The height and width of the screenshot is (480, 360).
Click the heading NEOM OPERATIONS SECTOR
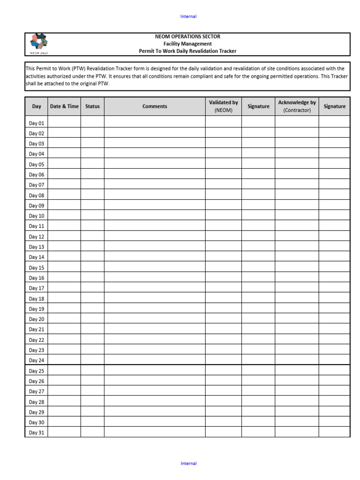click(187, 37)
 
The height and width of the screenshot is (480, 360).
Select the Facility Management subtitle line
click(187, 44)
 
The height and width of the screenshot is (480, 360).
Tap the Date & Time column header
click(64, 106)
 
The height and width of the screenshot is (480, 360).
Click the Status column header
click(92, 106)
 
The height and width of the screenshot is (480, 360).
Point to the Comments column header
click(155, 106)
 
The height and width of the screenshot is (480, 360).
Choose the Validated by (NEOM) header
click(224, 106)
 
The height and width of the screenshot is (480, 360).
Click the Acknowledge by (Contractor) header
click(297, 106)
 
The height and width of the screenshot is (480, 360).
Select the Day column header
click(37, 106)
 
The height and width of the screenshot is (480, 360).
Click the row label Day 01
click(37, 123)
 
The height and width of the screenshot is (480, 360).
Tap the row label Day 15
click(37, 268)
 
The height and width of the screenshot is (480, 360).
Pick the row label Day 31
click(37, 433)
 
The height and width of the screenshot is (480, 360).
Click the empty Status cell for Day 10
click(92, 216)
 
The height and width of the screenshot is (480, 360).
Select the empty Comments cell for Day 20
click(155, 319)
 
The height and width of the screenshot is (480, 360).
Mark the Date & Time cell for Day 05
click(64, 165)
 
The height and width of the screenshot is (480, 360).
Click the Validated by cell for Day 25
click(224, 371)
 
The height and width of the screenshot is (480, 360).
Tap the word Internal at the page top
click(188, 16)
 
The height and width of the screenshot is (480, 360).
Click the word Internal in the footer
click(188, 464)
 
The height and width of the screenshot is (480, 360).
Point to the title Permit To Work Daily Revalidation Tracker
click(187, 51)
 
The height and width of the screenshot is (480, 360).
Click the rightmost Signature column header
click(334, 106)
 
